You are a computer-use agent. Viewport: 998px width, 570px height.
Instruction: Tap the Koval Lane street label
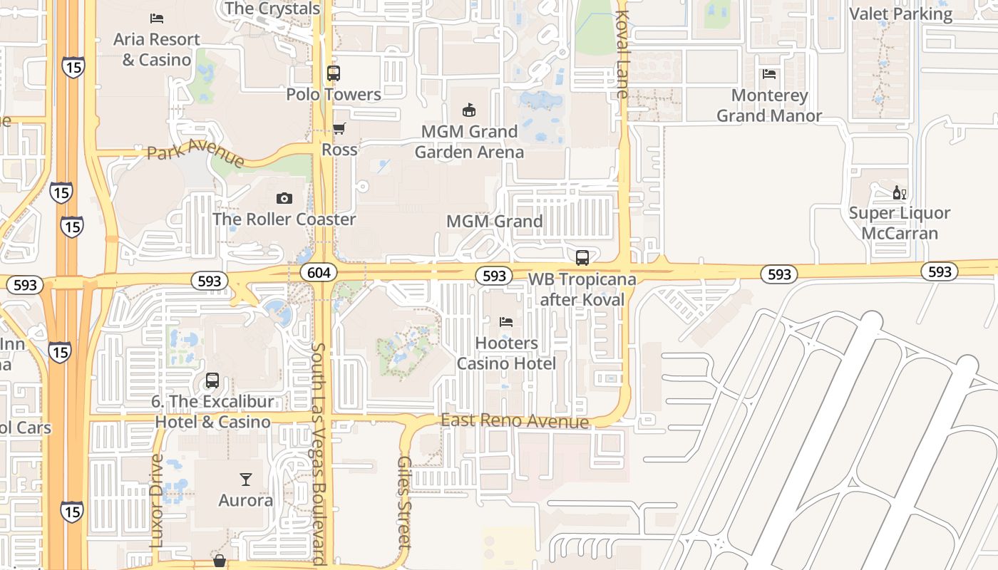tap(622, 54)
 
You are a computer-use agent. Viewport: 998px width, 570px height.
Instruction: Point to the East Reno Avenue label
tap(515, 421)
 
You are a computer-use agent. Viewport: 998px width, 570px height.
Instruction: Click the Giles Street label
tap(404, 502)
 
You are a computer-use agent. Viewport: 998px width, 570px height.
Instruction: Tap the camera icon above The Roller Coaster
tap(284, 198)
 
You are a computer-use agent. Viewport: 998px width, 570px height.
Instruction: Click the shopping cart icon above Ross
tap(339, 129)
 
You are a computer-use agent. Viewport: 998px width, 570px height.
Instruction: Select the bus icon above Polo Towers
tap(333, 73)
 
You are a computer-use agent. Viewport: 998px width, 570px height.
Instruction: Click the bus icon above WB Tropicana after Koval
tap(582, 257)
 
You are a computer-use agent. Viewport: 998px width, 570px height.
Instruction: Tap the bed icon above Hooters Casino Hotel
tap(506, 322)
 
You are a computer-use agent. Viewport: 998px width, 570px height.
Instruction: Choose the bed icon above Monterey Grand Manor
tap(768, 74)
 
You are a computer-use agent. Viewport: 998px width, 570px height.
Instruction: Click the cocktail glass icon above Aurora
tap(246, 479)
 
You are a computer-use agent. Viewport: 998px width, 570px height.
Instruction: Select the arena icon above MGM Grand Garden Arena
tap(469, 110)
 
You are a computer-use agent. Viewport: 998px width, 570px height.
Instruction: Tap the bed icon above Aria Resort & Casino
tap(157, 18)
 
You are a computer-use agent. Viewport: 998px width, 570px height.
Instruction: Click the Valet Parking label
tap(900, 14)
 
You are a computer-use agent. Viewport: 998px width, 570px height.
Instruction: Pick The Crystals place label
tap(272, 9)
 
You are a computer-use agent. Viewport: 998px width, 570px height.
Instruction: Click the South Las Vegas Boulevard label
tap(319, 454)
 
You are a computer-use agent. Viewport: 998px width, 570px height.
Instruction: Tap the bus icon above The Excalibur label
tap(212, 380)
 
